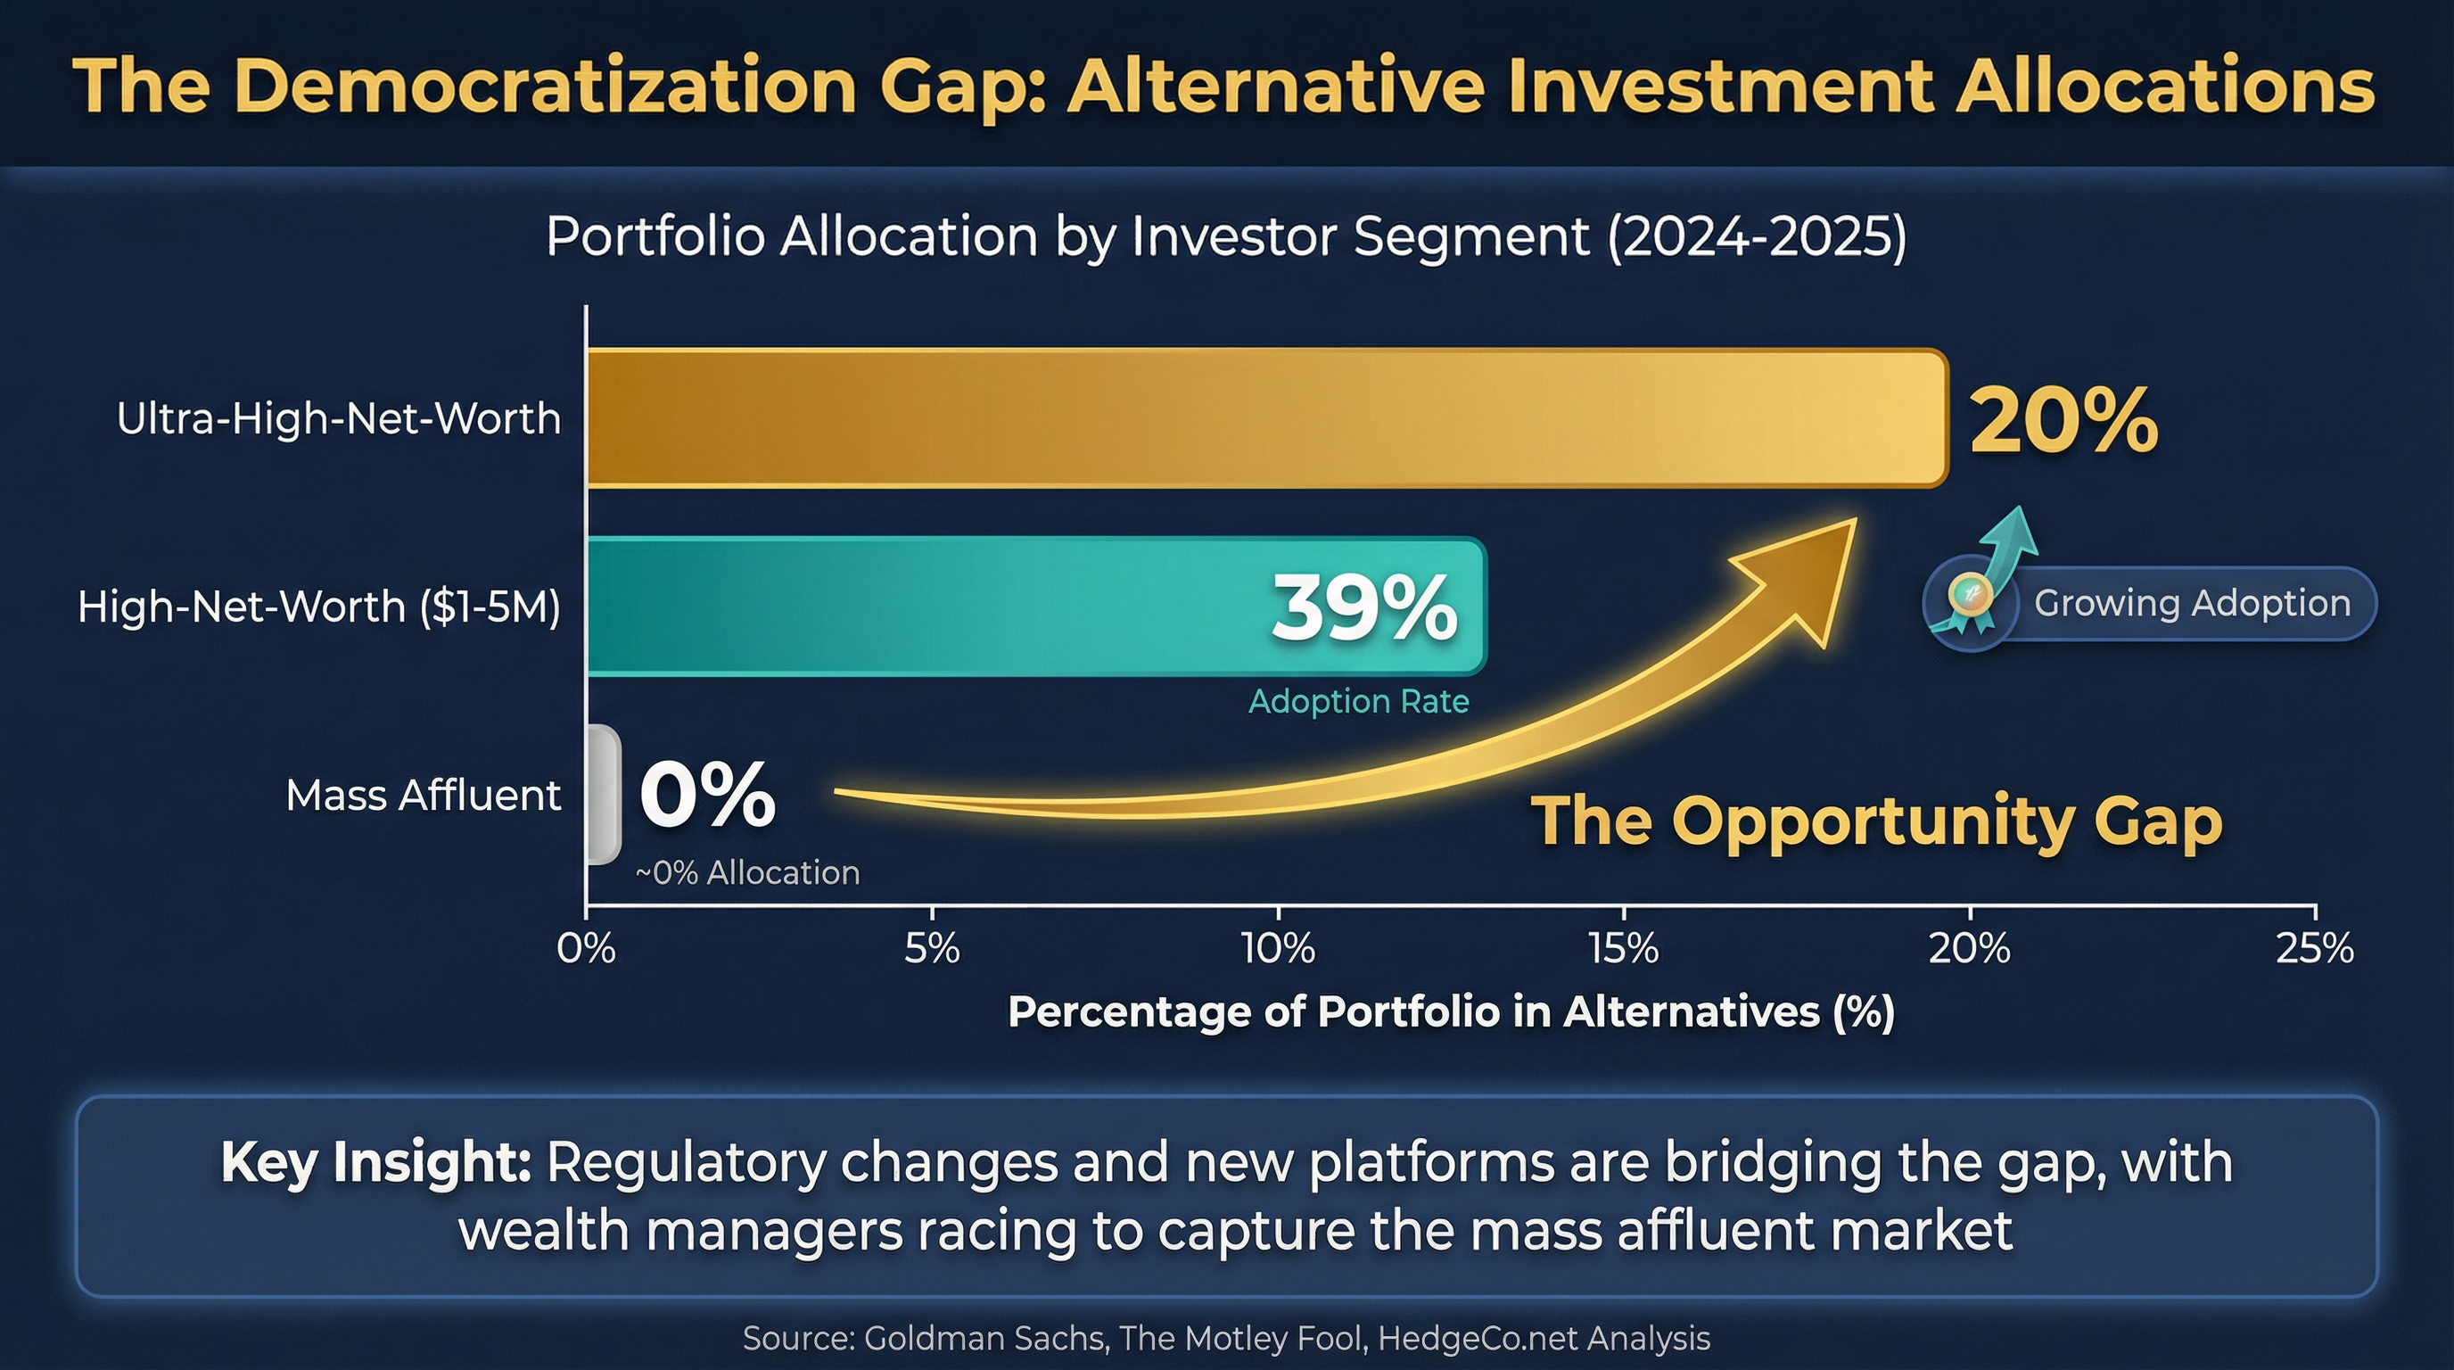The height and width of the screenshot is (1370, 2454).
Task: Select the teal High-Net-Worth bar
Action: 952,607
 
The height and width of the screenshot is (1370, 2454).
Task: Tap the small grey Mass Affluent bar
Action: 603,795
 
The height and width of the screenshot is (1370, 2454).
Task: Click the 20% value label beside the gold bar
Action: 2063,420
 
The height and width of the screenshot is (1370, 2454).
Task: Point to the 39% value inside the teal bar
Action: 1364,607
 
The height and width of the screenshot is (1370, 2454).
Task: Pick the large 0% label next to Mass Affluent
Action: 708,795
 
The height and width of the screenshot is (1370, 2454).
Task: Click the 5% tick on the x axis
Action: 932,949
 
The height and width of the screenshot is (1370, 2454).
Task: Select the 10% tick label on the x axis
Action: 1278,949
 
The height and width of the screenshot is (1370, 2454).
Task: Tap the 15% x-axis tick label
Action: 1623,949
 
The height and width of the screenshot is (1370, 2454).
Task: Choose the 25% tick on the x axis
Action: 2315,949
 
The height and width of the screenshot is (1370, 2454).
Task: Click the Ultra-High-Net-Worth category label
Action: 338,418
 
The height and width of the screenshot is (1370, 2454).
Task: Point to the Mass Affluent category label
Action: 423,796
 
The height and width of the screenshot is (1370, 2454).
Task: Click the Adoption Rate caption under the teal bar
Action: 1358,701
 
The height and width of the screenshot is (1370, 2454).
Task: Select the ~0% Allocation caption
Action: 748,872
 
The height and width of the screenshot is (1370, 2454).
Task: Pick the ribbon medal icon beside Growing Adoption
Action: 1969,600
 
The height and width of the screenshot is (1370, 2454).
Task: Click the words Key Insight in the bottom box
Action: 375,1162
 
